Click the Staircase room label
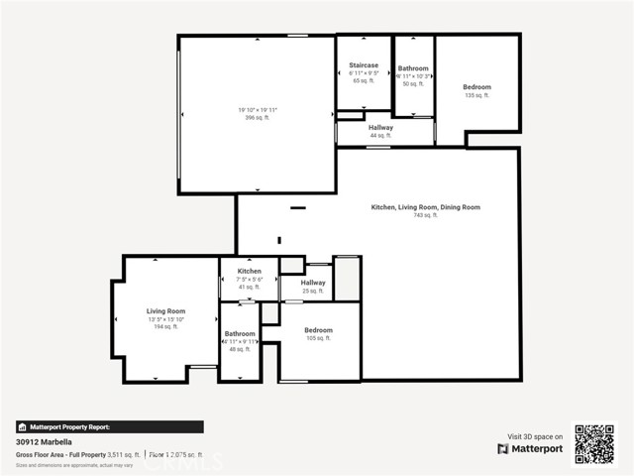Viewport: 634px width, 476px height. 364,65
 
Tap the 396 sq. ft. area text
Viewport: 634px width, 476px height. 257,117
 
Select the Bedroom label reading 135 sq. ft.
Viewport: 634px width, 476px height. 476,87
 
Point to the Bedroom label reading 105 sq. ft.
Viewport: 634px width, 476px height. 318,330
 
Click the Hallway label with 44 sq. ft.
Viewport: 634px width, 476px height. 380,128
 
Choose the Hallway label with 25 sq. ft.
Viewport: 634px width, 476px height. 313,283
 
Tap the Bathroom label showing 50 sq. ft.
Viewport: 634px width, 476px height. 413,68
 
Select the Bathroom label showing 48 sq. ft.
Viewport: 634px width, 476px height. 240,334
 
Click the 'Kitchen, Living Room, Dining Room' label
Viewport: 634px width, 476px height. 425,207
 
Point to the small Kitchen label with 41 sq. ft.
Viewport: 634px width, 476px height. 249,271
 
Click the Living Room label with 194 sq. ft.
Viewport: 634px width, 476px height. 166,311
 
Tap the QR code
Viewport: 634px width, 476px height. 594,443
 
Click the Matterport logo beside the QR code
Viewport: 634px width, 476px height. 530,448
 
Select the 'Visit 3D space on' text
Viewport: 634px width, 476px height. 536,435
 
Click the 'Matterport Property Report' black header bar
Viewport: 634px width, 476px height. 109,426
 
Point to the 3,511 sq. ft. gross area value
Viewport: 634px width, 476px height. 122,454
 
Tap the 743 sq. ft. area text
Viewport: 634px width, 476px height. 425,215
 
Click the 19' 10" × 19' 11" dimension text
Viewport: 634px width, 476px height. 257,109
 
